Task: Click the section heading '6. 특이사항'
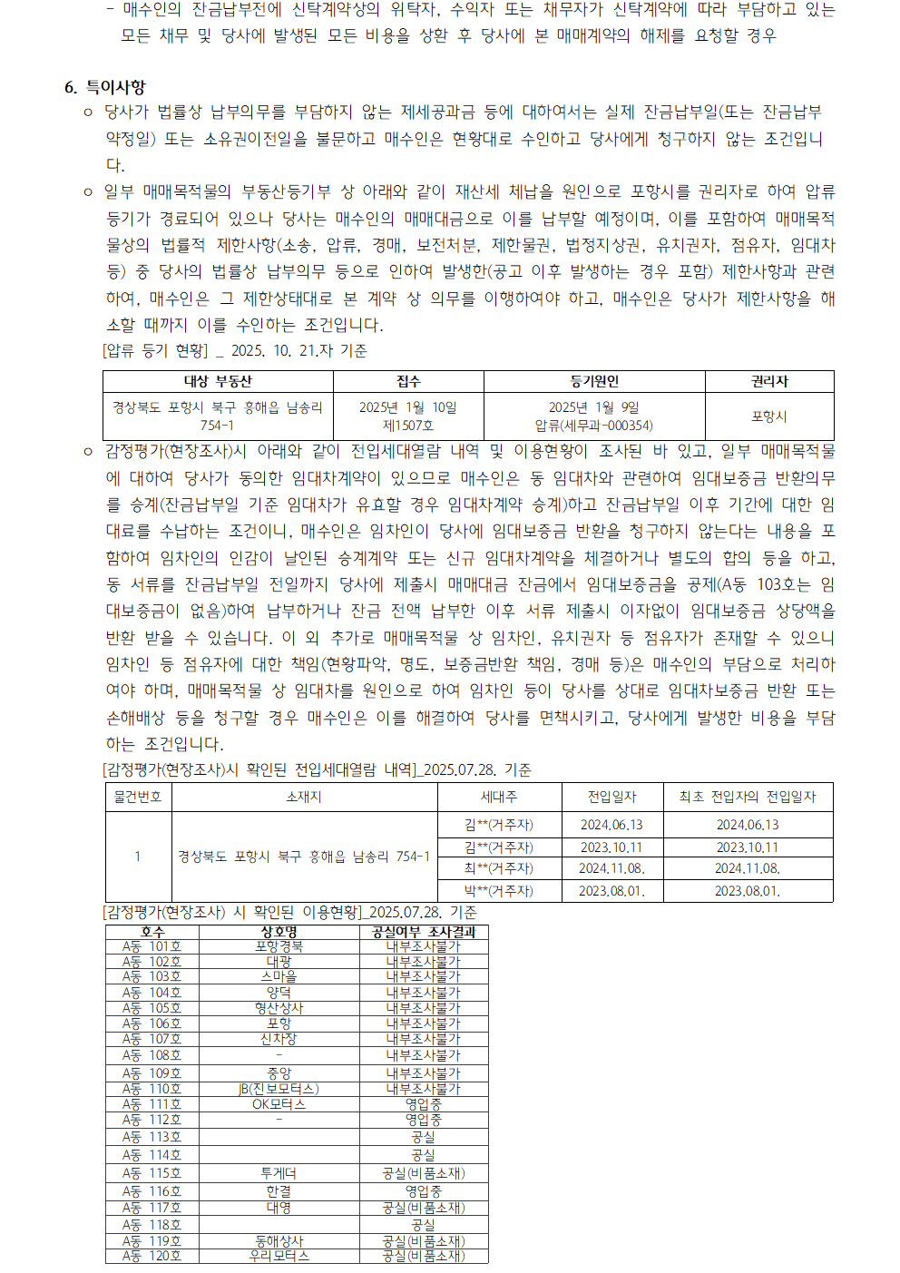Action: (105, 87)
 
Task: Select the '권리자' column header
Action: (769, 381)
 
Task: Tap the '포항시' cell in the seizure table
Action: (769, 416)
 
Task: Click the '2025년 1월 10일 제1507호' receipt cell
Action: (408, 416)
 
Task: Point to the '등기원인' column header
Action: (594, 381)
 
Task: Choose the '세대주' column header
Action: (498, 797)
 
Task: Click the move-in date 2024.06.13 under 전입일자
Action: (611, 825)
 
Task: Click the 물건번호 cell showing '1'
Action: (138, 857)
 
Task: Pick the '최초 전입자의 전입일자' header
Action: (748, 797)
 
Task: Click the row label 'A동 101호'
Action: (152, 946)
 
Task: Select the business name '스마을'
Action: (279, 977)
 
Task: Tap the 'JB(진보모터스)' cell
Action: (279, 1089)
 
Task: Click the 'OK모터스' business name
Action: (279, 1104)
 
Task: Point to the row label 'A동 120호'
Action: (152, 1256)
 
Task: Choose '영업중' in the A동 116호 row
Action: (423, 1191)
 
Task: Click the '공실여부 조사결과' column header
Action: (423, 932)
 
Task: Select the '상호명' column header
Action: (279, 932)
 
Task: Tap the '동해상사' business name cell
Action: (279, 1241)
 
